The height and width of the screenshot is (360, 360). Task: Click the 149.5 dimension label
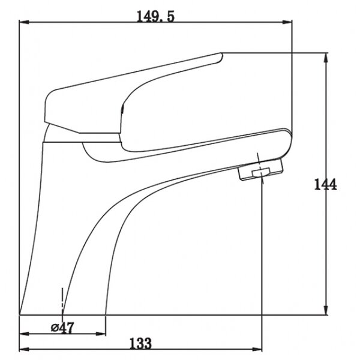(155, 16)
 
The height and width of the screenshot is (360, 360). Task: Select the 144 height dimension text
(325, 184)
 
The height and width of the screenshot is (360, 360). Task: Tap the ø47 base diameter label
(62, 328)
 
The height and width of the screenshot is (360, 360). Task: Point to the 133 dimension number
(140, 343)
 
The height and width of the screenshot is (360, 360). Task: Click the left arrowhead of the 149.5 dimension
(24, 22)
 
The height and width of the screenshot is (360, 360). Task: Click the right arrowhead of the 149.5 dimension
(287, 22)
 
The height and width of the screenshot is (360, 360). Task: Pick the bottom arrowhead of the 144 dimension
(325, 310)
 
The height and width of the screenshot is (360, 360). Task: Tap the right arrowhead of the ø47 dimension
(100, 334)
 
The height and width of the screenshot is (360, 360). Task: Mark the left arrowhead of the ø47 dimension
(24, 334)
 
